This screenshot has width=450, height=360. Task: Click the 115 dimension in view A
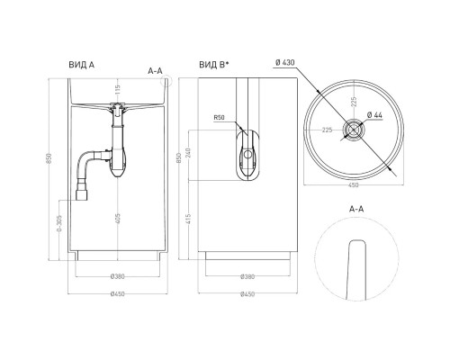(116, 87)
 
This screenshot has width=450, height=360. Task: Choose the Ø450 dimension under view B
(250, 293)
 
